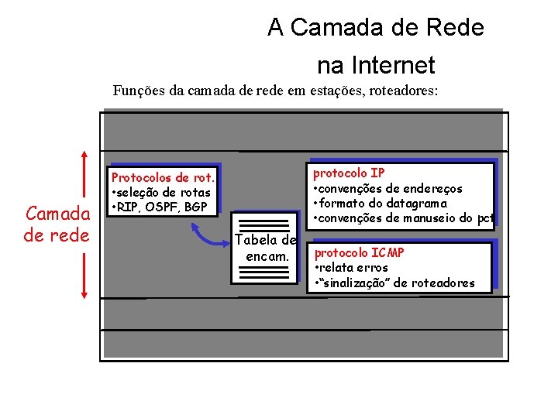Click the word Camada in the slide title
click(332, 28)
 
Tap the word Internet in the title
click(394, 65)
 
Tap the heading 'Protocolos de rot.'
click(163, 178)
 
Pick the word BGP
click(197, 207)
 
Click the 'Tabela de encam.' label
click(266, 247)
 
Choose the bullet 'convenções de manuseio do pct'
click(403, 218)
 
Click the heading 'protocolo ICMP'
click(359, 253)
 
